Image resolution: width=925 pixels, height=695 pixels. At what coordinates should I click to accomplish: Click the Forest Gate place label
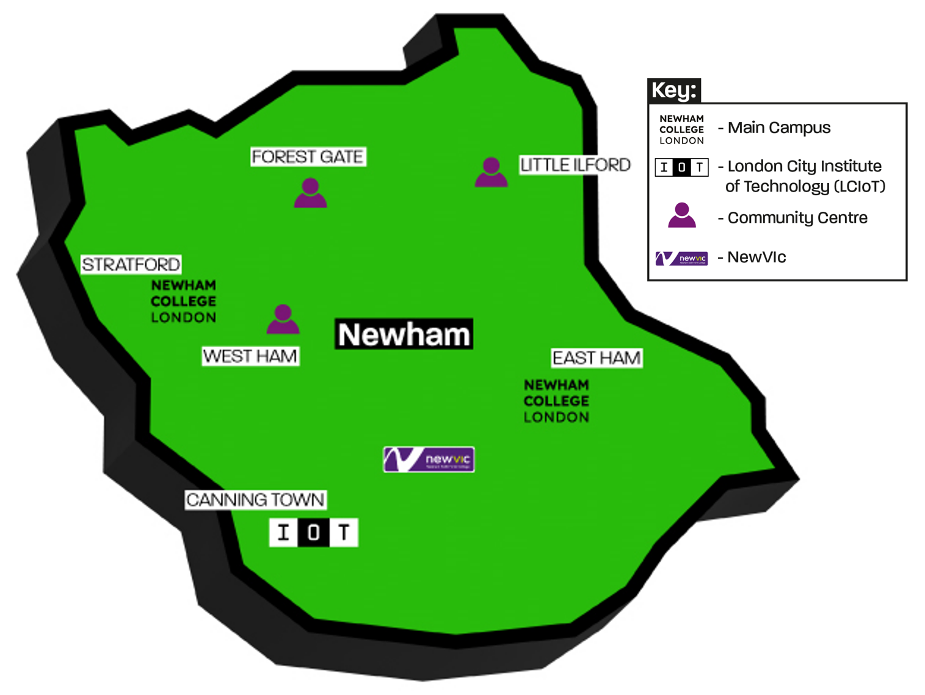[x=308, y=157]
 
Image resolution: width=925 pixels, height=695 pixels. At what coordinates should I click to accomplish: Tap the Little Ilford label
[x=575, y=165]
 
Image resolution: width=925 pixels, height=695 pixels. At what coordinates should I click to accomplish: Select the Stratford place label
[x=131, y=264]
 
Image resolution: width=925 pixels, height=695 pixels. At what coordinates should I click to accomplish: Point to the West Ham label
[x=250, y=356]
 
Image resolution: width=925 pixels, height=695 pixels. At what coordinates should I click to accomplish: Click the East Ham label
[x=597, y=358]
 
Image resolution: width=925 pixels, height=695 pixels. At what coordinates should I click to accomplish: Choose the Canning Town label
[x=255, y=500]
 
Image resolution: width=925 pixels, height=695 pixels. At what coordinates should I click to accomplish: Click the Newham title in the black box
[x=404, y=334]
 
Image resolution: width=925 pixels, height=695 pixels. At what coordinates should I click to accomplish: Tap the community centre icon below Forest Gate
[x=310, y=193]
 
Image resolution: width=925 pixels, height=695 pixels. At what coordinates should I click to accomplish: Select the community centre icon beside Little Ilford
[x=491, y=172]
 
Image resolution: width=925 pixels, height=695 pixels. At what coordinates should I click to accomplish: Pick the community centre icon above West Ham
[x=283, y=319]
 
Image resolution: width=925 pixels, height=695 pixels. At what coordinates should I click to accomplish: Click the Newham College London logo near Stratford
[x=183, y=301]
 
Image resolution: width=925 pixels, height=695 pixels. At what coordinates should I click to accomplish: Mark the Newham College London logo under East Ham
[x=556, y=401]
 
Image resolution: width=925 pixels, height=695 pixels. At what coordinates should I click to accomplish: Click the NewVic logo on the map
[x=429, y=459]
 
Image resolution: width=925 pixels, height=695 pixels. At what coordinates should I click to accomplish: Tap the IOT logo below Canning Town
[x=313, y=532]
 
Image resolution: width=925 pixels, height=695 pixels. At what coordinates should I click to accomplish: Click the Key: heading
[x=673, y=90]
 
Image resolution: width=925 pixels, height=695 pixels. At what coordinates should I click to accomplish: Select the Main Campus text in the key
[x=778, y=128]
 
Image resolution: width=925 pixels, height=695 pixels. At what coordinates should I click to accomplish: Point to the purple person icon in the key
[x=681, y=215]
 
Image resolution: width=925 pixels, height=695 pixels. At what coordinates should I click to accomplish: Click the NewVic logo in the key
[x=681, y=258]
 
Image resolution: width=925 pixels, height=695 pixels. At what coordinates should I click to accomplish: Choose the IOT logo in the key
[x=681, y=167]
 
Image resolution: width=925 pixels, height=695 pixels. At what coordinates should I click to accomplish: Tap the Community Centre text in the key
[x=797, y=218]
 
